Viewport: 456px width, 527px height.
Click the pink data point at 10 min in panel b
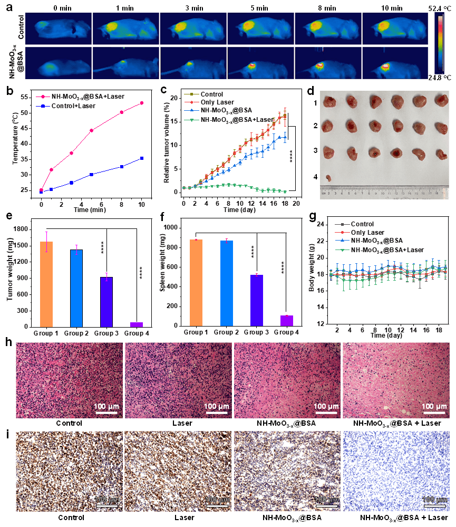point(141,103)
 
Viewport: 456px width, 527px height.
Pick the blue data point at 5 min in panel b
point(91,174)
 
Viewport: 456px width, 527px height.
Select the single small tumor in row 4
point(328,178)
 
